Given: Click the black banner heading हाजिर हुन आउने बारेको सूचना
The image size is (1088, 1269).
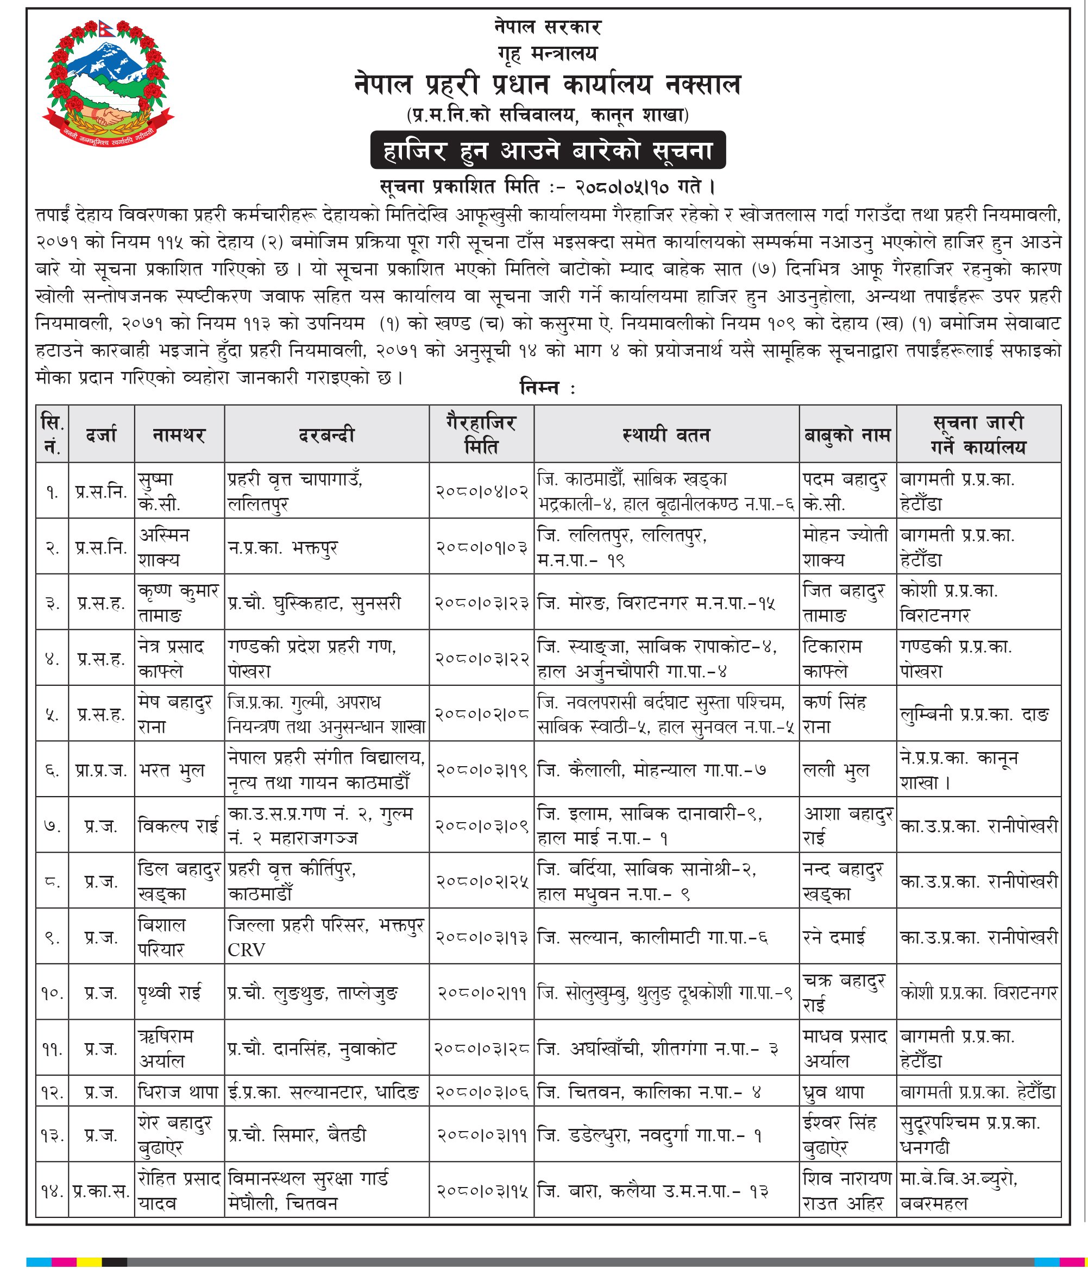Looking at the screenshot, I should coord(548,150).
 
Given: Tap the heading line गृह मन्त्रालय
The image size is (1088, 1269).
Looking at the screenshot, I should coord(547,54).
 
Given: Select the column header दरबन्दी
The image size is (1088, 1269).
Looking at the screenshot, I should coord(326,435).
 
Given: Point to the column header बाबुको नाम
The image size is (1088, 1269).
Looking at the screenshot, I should coord(847,435).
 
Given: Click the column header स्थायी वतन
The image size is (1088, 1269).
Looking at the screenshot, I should coord(666,435).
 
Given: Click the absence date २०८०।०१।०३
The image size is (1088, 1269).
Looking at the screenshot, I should coord(481,547).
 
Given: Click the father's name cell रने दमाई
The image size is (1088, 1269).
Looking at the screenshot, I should coord(834,938).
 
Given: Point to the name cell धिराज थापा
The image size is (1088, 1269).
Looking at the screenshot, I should coord(178,1093).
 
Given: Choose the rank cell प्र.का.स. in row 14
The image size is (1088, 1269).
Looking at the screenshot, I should coord(101,1191).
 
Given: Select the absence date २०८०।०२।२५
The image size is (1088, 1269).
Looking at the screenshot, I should coord(481,882).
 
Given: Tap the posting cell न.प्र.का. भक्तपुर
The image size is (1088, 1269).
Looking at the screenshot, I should coord(282,547).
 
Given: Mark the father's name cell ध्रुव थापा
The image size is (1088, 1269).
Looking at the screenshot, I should coord(834,1093).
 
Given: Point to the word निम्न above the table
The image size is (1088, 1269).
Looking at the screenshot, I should coord(539,388).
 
